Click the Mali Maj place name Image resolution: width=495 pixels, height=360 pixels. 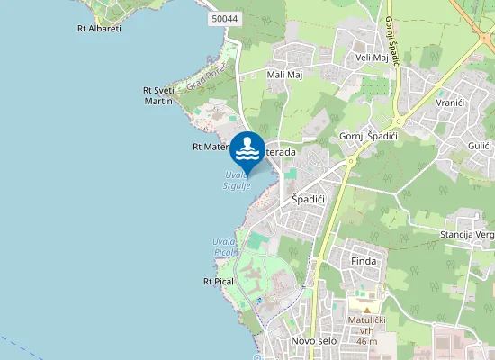284,75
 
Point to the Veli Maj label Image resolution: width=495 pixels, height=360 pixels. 372,58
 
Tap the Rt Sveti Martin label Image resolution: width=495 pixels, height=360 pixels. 158,95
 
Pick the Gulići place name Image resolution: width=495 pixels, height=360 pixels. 479,145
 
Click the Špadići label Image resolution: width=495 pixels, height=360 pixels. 307,198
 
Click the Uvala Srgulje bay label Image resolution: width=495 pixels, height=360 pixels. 237,180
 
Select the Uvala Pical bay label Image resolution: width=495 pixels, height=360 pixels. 223,247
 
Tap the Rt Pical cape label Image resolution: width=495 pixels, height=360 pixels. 219,282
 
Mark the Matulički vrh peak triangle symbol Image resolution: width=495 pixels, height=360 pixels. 366,309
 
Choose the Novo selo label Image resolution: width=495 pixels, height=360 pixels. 312,341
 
